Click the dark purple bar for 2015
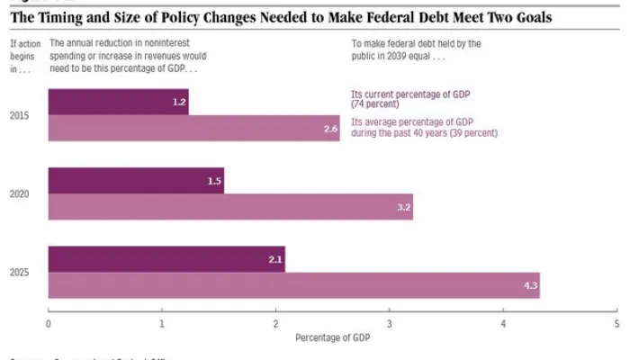(117, 102)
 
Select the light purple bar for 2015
(193, 129)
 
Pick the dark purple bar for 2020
(135, 181)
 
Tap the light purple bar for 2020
(229, 207)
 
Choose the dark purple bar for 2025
(166, 259)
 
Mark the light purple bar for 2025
(292, 285)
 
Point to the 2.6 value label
(330, 130)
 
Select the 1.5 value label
(214, 181)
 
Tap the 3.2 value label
(403, 208)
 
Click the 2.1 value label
(275, 259)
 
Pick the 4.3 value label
(529, 286)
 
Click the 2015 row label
(19, 115)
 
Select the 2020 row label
(19, 194)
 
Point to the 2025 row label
(19, 273)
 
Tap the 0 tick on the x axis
(48, 322)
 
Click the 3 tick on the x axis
(390, 322)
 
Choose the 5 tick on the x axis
(617, 322)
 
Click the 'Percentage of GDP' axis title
(332, 338)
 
